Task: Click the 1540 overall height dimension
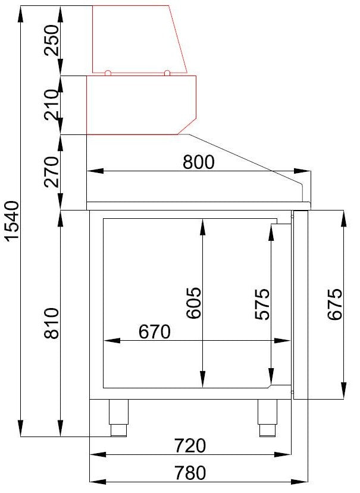coord(13,222)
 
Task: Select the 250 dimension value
coord(53,40)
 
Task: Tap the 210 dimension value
coord(53,104)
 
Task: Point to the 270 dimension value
coord(53,172)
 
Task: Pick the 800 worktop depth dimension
coord(198,162)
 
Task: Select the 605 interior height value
coord(194,303)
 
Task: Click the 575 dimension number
coord(262,304)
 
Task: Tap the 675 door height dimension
coord(335,304)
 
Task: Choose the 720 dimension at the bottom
coord(190,445)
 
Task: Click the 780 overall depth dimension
coord(190,473)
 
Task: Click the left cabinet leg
coord(118,417)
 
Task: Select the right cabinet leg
coord(267,417)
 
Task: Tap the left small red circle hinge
coord(108,74)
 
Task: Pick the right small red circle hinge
coord(167,74)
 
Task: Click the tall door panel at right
coord(300,304)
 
